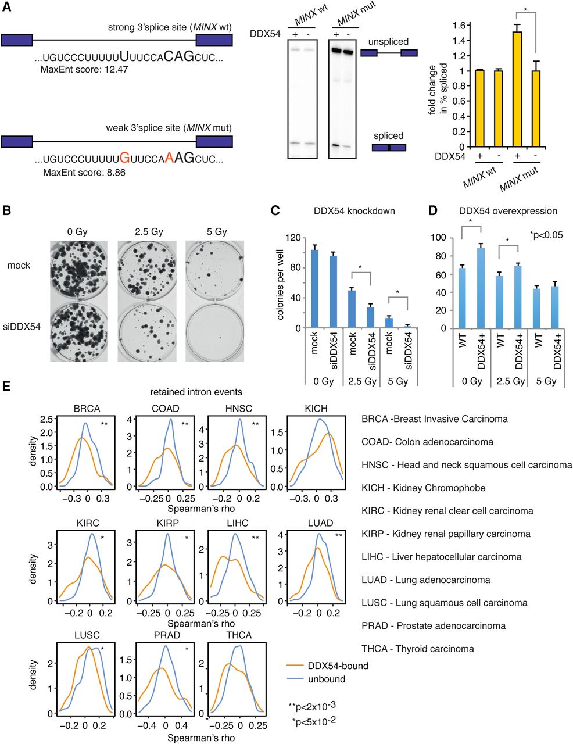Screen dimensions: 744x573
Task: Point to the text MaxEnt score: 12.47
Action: pos(85,69)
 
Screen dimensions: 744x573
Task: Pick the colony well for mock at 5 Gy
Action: pos(213,266)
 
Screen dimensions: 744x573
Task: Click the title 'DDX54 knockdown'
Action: pos(351,210)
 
